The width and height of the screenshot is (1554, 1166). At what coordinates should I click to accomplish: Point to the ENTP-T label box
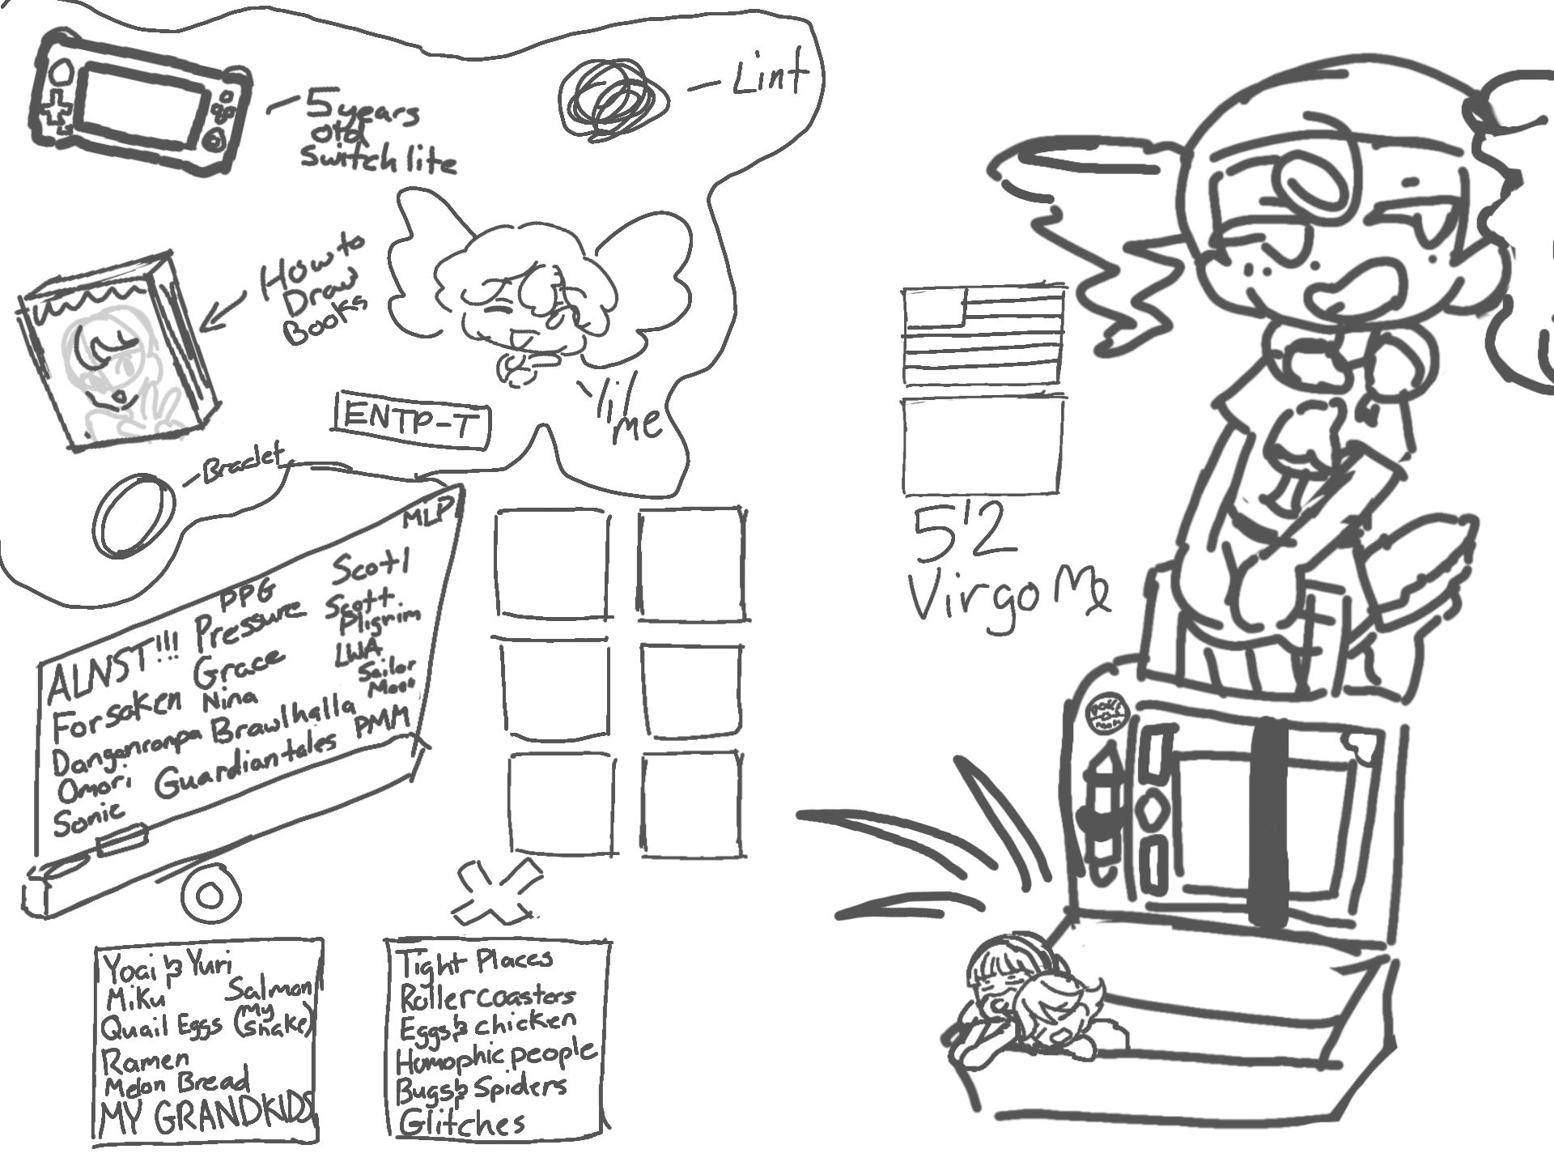[412, 419]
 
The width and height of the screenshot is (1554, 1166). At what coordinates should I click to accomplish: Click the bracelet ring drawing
[134, 515]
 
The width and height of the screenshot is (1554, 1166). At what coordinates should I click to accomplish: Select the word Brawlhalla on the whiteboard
[283, 719]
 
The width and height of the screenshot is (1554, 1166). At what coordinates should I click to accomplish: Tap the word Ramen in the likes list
[146, 1060]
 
